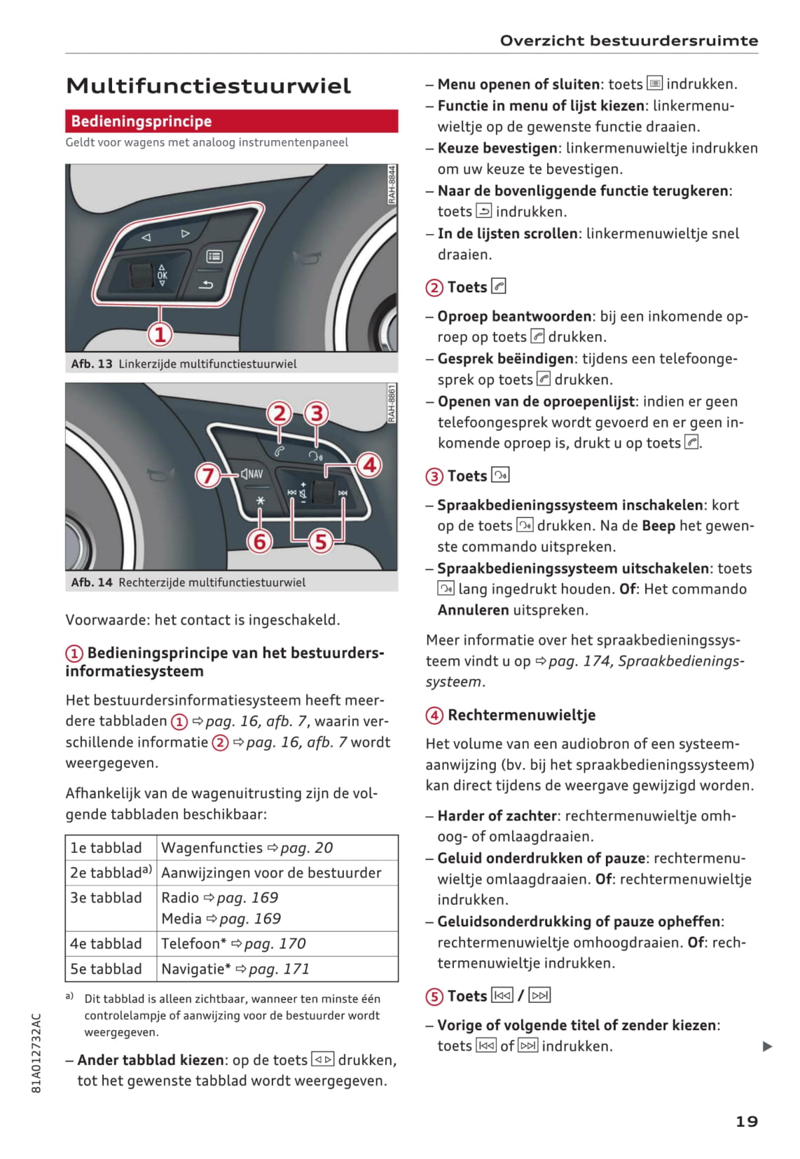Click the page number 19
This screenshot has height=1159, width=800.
746,1121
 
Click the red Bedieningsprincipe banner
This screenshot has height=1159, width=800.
231,121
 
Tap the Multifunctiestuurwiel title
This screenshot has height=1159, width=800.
208,86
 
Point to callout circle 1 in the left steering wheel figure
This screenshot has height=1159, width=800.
160,334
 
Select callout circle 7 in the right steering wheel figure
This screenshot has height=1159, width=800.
207,476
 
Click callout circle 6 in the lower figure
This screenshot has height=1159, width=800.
260,541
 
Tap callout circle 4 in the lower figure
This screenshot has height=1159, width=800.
369,464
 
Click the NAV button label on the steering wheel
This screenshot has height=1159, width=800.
251,474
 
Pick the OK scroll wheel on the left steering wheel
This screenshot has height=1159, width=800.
142,275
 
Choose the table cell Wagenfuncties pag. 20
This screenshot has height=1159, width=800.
247,848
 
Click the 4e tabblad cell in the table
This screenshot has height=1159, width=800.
106,943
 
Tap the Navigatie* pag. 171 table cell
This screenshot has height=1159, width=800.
235,968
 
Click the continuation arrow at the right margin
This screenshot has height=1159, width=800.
767,1046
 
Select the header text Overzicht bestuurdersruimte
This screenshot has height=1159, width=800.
628,41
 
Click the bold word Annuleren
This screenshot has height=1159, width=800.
473,610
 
